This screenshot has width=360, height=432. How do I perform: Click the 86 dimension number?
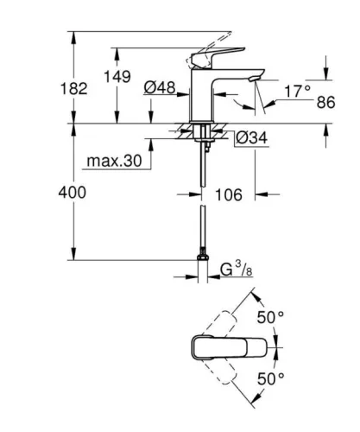coord(325,102)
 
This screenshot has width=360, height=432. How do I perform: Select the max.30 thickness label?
coord(111,162)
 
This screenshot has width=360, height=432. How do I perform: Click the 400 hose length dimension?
coord(72,193)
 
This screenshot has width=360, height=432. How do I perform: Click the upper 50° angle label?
coord(275,317)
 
